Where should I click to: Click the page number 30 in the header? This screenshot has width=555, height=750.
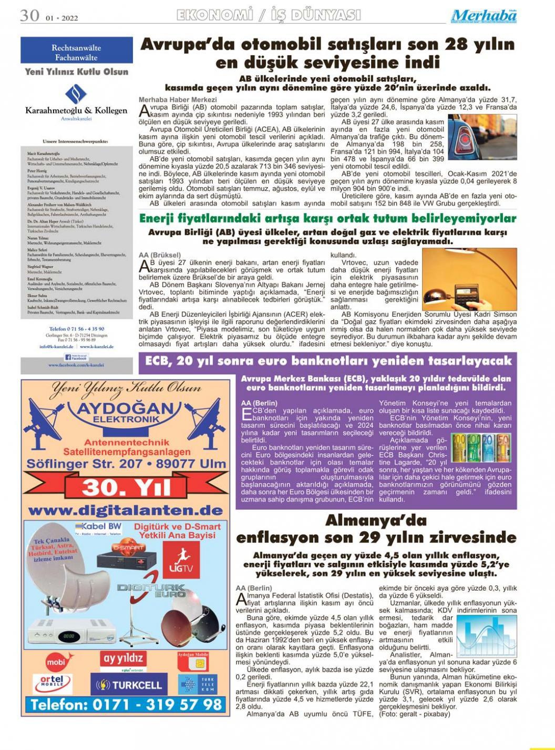pos(30,16)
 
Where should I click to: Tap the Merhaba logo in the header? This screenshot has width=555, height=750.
pos(484,16)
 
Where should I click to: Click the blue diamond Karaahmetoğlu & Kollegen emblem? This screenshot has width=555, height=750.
pos(76,94)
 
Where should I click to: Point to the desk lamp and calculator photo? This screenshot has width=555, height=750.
pos(455,279)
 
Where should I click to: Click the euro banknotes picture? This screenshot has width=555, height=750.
pos(480,447)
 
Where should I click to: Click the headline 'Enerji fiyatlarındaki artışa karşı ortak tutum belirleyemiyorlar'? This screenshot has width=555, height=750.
pos(327,218)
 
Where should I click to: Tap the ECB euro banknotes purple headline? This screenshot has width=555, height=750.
pos(328,361)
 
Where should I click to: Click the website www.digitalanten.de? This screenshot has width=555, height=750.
pos(126,511)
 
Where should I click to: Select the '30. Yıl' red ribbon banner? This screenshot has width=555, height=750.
pos(126,488)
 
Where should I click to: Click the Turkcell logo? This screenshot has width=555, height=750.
pos(129,685)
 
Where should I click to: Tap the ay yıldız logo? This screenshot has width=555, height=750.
pos(123,659)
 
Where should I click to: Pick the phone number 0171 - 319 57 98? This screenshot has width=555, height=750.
pos(126,704)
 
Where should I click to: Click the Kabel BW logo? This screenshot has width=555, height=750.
pos(98,527)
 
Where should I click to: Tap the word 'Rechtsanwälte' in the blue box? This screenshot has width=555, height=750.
pos(76,48)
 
